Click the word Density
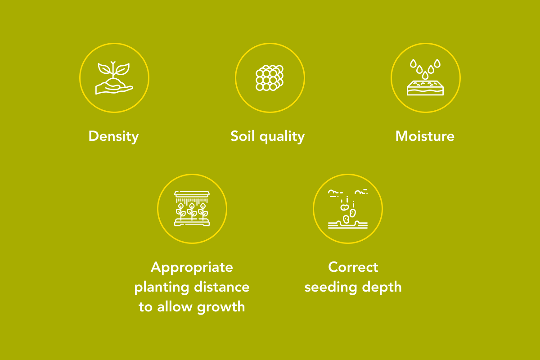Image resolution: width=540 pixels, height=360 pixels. coord(113,136)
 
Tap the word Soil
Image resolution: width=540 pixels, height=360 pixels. coord(243,136)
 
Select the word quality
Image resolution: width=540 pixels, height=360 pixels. coord(282,137)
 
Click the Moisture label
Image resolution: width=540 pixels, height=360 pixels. coord(425,136)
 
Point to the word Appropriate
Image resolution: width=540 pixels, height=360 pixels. coord(192,268)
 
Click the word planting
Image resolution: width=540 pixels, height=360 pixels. coord(162,288)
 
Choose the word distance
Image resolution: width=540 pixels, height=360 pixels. coord(222,287)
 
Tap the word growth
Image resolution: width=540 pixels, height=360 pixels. coord(221,307)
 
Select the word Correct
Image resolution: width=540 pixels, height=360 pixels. coord(353,267)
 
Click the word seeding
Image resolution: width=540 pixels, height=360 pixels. coord(331,288)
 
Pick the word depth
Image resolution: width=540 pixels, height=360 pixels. coord(382,288)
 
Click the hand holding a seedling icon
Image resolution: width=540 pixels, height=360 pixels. coord(114,78)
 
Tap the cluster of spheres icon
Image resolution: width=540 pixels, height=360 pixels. coord(270,78)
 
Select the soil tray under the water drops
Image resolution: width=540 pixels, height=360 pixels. coord(425,88)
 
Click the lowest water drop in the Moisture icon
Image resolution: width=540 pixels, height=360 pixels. coord(425,76)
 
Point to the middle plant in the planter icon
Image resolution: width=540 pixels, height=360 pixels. coord(192,211)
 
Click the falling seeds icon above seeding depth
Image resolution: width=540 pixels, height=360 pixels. coord(347,209)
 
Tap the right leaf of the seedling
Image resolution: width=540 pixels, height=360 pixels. coord(122,69)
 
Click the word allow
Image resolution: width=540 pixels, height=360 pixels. coord(175,306)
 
